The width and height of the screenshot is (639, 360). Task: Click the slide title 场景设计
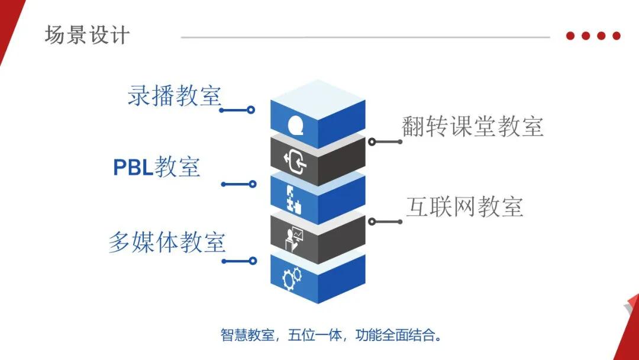(x=87, y=35)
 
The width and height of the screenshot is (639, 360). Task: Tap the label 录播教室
(x=175, y=97)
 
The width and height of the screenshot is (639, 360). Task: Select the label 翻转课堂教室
(x=472, y=126)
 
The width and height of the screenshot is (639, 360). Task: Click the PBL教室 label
(x=157, y=167)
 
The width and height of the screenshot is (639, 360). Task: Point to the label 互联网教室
(x=464, y=206)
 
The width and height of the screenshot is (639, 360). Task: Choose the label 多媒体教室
(x=167, y=242)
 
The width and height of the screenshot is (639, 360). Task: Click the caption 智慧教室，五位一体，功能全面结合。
(x=331, y=335)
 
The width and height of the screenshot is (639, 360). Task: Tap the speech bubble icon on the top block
(x=296, y=125)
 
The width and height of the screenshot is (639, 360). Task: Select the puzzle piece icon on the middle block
(x=293, y=200)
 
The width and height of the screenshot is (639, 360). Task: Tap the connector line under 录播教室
(x=237, y=110)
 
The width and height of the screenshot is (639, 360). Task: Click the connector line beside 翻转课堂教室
(x=385, y=142)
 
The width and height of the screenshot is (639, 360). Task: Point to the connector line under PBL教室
(x=239, y=184)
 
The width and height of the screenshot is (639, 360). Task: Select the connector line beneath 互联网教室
(x=385, y=222)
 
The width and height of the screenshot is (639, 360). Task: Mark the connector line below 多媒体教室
(x=239, y=261)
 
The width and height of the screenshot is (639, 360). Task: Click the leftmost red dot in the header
(x=570, y=36)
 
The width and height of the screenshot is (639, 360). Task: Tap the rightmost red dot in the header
(x=617, y=36)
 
